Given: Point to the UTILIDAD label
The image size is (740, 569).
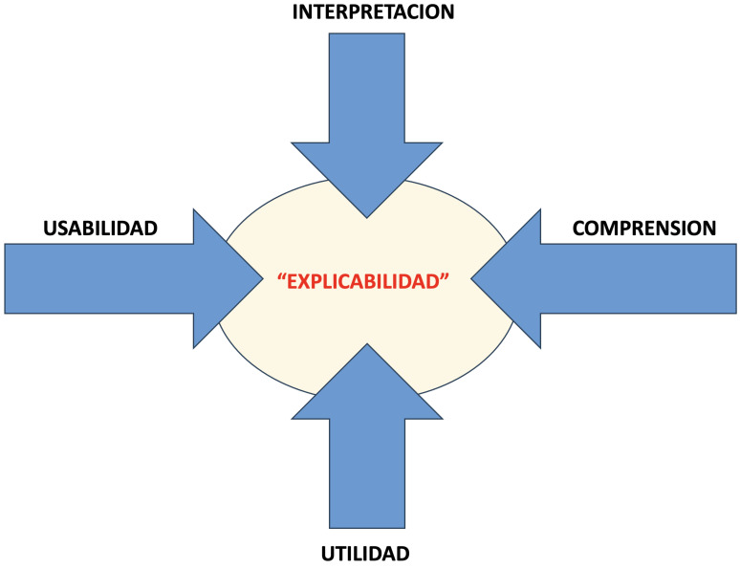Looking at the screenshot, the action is coord(366,553).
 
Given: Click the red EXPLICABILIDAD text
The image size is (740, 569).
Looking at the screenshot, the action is coord(363,282).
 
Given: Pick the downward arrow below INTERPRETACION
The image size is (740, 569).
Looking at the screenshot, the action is coord(366,105).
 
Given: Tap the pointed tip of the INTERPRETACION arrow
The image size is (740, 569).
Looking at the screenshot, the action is coord(366,214).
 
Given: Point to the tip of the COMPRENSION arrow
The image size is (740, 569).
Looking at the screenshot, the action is coord(472,278).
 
